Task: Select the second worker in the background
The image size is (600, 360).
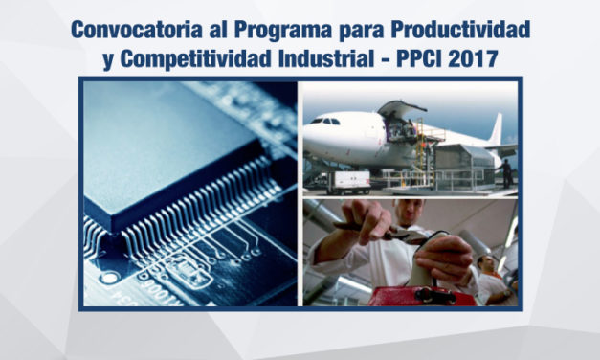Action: click(x=490, y=278)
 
